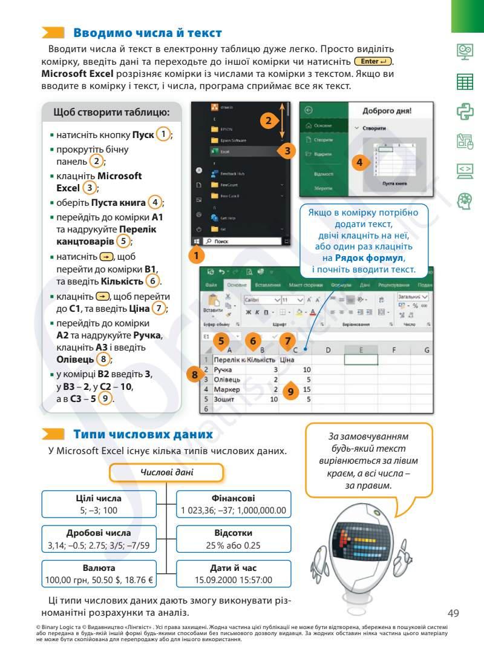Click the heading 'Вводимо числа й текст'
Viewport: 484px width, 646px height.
pos(147,33)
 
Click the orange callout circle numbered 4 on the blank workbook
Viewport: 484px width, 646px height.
pos(359,162)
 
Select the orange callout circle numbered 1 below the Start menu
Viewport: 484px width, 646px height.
pos(196,255)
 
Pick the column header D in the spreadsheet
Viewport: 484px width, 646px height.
pos(327,349)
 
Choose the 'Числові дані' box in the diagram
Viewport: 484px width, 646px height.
pos(166,472)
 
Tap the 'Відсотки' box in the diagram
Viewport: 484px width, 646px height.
pos(233,539)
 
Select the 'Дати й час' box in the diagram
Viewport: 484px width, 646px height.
pos(233,573)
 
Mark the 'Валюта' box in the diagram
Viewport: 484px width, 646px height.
pos(100,573)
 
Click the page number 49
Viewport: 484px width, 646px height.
pos(454,611)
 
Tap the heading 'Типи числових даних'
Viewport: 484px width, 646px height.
pos(143,434)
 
